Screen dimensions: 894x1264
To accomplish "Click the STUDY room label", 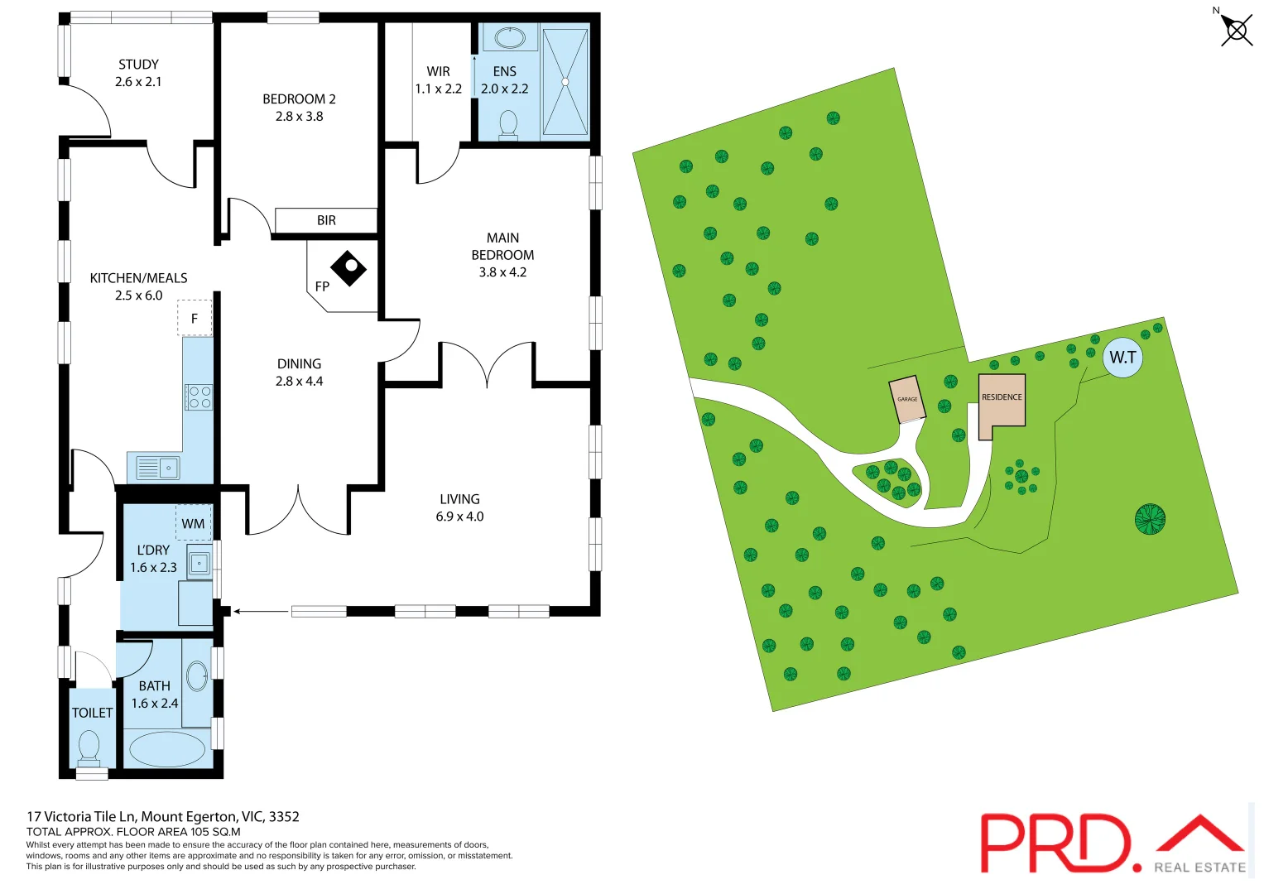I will coord(138,65).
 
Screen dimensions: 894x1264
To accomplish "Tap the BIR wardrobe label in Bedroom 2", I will coord(326,220).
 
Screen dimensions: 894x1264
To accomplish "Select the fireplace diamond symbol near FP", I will coord(348,267).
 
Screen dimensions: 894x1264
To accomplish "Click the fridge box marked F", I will coord(195,318).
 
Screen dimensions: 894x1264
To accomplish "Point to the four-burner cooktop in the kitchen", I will coord(199,397).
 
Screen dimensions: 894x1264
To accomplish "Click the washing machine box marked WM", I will coord(193,523).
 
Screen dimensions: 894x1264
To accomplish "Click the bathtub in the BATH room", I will coord(167,748).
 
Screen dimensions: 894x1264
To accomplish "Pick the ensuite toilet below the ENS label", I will coord(508,125).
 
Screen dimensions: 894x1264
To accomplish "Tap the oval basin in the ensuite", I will coord(510,37).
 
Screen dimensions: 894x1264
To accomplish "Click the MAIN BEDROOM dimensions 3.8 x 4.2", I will coord(502,272).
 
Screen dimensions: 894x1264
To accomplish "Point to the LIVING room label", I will coord(459,499).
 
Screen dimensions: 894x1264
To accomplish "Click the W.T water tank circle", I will coord(1122,358).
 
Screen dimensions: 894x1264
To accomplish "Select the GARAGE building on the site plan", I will coord(907,400).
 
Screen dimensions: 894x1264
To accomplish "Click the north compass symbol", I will coord(1236,31).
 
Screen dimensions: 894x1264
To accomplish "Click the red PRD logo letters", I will coord(1055,842).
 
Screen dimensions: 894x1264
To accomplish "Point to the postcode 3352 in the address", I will coord(284,816).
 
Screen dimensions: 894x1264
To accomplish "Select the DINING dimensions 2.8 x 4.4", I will coord(299,382).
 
